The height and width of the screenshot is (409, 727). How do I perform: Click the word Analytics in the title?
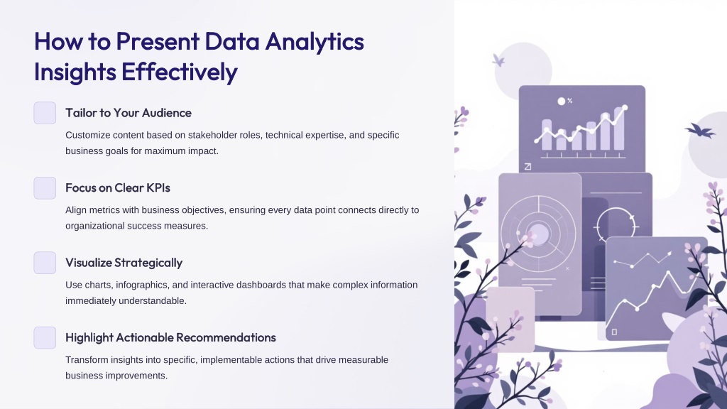point(315,42)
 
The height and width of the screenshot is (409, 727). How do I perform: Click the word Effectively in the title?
point(180,72)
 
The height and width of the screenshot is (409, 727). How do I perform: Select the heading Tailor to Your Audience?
point(129,113)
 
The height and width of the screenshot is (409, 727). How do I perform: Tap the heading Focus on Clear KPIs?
point(118,187)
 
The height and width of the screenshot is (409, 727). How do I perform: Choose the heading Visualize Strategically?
point(124,263)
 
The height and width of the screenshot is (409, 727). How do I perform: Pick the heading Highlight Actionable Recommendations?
point(170,337)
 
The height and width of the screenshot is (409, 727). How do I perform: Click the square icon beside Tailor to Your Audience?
point(45,113)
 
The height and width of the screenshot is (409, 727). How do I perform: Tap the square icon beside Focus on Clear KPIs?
point(45,187)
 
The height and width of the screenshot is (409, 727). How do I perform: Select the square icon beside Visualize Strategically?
point(45,263)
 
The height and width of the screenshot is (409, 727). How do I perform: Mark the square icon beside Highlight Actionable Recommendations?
point(45,337)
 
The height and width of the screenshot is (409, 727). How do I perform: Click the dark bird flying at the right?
point(700,131)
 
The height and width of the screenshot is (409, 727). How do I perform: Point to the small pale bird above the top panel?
point(498,60)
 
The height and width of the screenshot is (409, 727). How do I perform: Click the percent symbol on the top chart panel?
point(570,101)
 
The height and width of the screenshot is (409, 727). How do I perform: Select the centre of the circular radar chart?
point(538,233)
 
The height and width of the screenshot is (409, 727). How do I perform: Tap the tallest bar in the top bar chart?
point(619,129)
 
